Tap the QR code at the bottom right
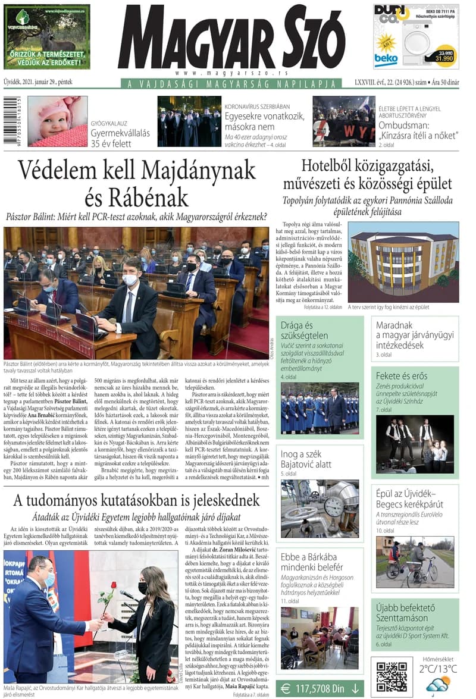pos(391,676)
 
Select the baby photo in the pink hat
pos(57,121)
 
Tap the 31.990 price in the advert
pos(443,58)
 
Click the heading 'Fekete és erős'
pos(402,376)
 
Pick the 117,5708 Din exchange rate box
pos(320,688)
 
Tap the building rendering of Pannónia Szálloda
pos(403,262)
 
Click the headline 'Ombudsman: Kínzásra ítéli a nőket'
pos(419,130)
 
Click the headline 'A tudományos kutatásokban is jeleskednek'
pos(136,499)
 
